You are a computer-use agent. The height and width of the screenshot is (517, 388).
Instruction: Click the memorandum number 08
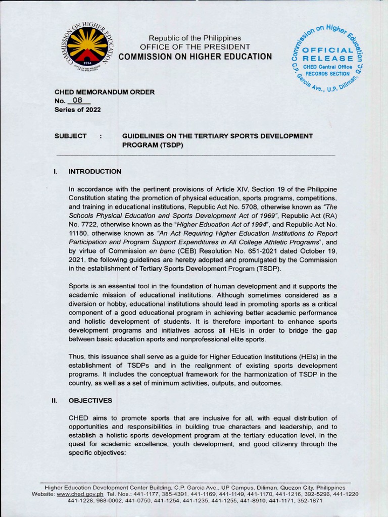(x=77, y=100)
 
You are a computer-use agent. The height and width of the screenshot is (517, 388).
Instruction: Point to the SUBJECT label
(x=70, y=136)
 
